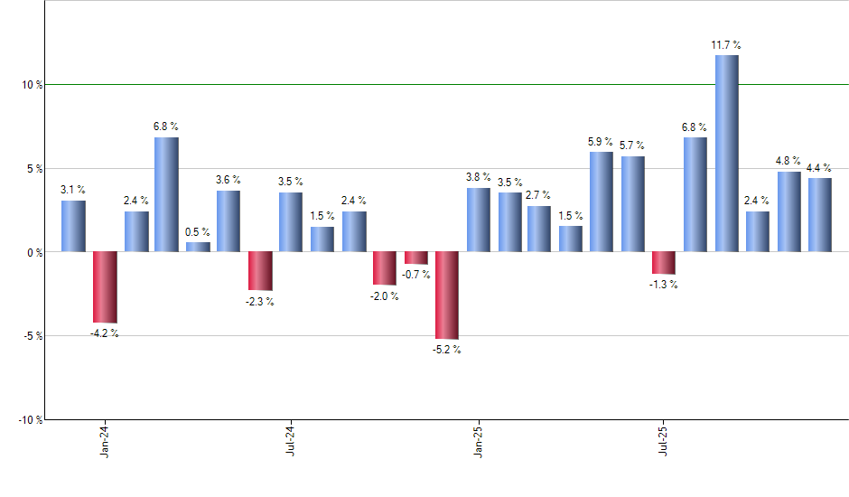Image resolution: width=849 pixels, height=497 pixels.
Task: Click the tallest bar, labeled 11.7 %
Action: [x=726, y=154]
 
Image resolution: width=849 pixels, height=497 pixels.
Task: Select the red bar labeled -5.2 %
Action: [x=447, y=295]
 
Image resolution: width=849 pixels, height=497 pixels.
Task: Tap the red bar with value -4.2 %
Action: [x=105, y=286]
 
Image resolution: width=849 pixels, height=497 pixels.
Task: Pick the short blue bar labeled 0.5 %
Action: [x=198, y=247]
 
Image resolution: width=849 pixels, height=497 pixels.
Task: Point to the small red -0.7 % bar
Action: [x=415, y=258]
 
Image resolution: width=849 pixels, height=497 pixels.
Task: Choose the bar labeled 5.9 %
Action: [x=602, y=202]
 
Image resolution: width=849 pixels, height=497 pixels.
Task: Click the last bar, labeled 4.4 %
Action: [x=820, y=214]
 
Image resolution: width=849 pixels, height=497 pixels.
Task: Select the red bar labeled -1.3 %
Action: [x=664, y=262]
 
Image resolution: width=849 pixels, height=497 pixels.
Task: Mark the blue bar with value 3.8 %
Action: [x=479, y=220]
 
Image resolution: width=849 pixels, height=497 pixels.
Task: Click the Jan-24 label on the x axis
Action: [x=106, y=440]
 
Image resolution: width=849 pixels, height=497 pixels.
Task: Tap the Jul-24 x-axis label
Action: [x=291, y=440]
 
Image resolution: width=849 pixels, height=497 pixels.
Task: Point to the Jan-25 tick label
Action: [x=479, y=440]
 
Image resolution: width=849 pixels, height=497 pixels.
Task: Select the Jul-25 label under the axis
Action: [x=664, y=440]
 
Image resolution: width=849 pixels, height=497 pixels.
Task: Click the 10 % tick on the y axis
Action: [x=32, y=85]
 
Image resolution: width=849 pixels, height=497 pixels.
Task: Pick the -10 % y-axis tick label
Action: [x=30, y=420]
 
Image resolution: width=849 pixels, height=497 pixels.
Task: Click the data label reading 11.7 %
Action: [x=726, y=44]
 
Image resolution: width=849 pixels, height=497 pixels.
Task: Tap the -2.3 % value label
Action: [x=259, y=301]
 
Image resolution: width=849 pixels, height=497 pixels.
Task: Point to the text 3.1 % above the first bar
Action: [x=73, y=189]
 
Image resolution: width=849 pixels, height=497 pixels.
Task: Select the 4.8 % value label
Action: [x=788, y=162]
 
